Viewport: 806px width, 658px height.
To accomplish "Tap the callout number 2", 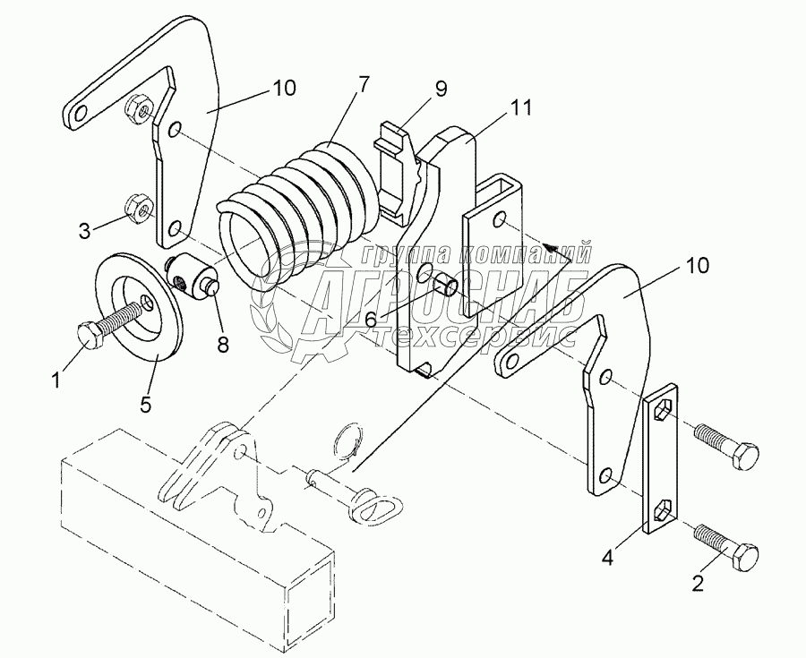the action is pos(698,583).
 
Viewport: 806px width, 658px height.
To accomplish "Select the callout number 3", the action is pos(84,231).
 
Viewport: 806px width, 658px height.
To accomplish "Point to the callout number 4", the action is pos(607,558).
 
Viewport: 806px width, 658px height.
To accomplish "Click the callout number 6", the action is pos(371,320).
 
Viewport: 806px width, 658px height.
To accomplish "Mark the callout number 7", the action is pos(363,84).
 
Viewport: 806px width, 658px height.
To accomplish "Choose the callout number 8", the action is pos(223,344).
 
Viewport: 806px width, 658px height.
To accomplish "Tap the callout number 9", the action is pos(441,89).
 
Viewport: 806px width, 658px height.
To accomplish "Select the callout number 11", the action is pos(520,107).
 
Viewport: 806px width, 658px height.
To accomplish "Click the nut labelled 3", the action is pos(138,208).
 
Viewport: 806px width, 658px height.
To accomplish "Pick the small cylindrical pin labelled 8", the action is pos(192,275).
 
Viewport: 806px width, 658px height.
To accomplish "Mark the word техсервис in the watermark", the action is pos(473,336).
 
